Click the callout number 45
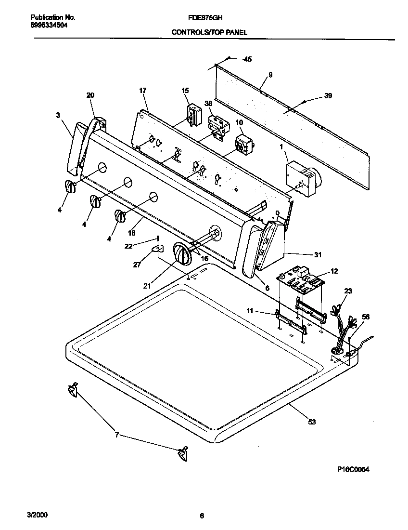tap(248, 59)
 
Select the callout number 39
tap(328, 96)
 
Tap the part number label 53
tap(312, 422)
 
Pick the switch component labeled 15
tap(193, 114)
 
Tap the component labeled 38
tap(217, 128)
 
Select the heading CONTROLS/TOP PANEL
tap(209, 33)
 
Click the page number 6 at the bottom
tap(202, 516)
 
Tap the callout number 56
tap(366, 317)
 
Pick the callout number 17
tap(142, 90)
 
